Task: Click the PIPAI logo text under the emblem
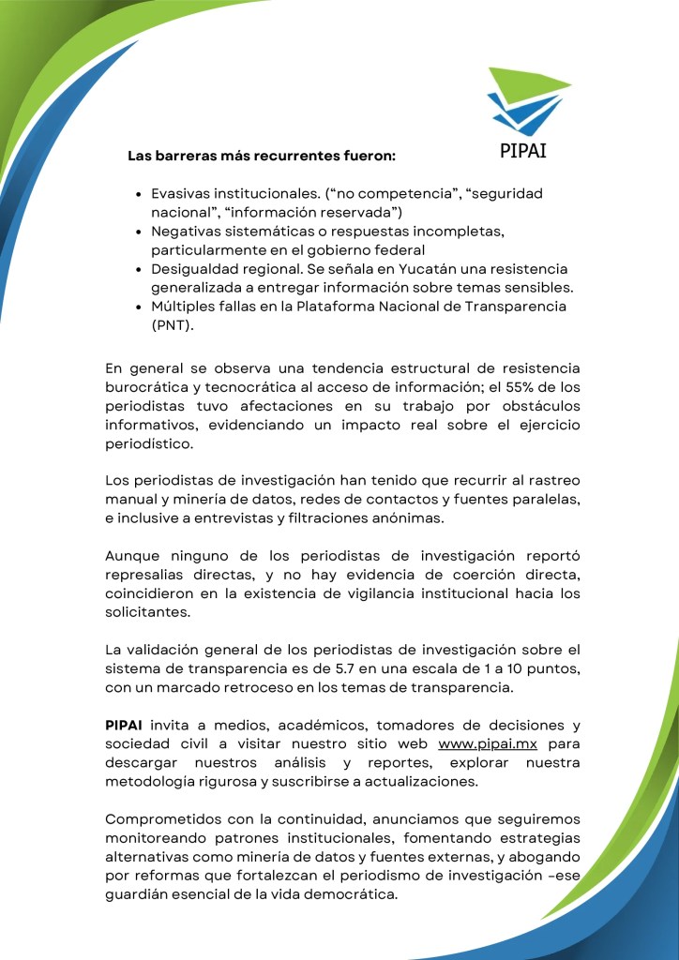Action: tap(524, 150)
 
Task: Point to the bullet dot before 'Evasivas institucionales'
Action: tap(139, 193)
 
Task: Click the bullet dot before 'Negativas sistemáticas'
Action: tap(139, 231)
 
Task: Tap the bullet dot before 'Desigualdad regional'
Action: tap(139, 268)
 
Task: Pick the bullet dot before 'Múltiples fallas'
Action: tap(139, 307)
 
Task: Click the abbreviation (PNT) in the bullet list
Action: tap(173, 324)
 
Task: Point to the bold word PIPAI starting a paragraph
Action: tap(125, 727)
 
